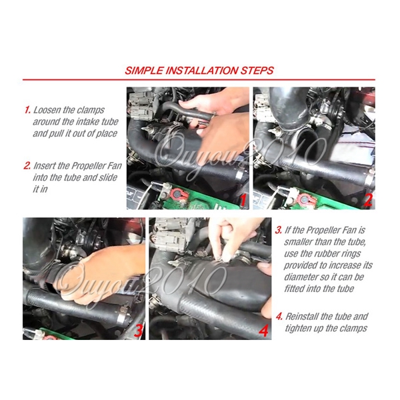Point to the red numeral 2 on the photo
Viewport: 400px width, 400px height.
point(367,199)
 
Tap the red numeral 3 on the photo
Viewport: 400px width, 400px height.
point(137,329)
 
